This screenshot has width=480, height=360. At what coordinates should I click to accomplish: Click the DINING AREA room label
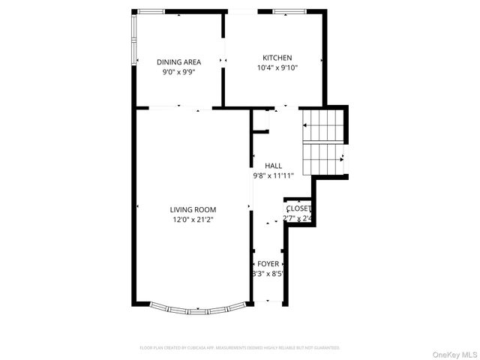(179, 62)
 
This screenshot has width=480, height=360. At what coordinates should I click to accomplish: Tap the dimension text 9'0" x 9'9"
(179, 73)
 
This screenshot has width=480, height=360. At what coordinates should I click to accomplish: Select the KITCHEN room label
(277, 58)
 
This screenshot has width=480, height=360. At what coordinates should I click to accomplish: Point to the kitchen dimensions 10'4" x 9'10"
(277, 67)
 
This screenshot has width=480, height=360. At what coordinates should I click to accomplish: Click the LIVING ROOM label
(193, 209)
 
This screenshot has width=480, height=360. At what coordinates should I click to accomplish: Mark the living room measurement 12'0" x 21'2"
(193, 220)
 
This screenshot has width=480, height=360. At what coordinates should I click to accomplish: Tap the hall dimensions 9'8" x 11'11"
(272, 175)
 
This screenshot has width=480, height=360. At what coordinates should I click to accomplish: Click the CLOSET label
(298, 208)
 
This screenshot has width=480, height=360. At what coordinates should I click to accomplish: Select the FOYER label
(268, 264)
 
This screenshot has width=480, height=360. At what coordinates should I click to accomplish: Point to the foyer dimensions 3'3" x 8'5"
(267, 274)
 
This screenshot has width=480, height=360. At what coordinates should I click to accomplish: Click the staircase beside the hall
(322, 142)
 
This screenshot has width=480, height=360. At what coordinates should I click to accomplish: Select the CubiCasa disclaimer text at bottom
(240, 348)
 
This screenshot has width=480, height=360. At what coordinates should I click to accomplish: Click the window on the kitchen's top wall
(284, 12)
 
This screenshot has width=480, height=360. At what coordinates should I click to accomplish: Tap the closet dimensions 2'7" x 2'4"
(298, 219)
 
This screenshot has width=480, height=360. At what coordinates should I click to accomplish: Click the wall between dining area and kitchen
(223, 60)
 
